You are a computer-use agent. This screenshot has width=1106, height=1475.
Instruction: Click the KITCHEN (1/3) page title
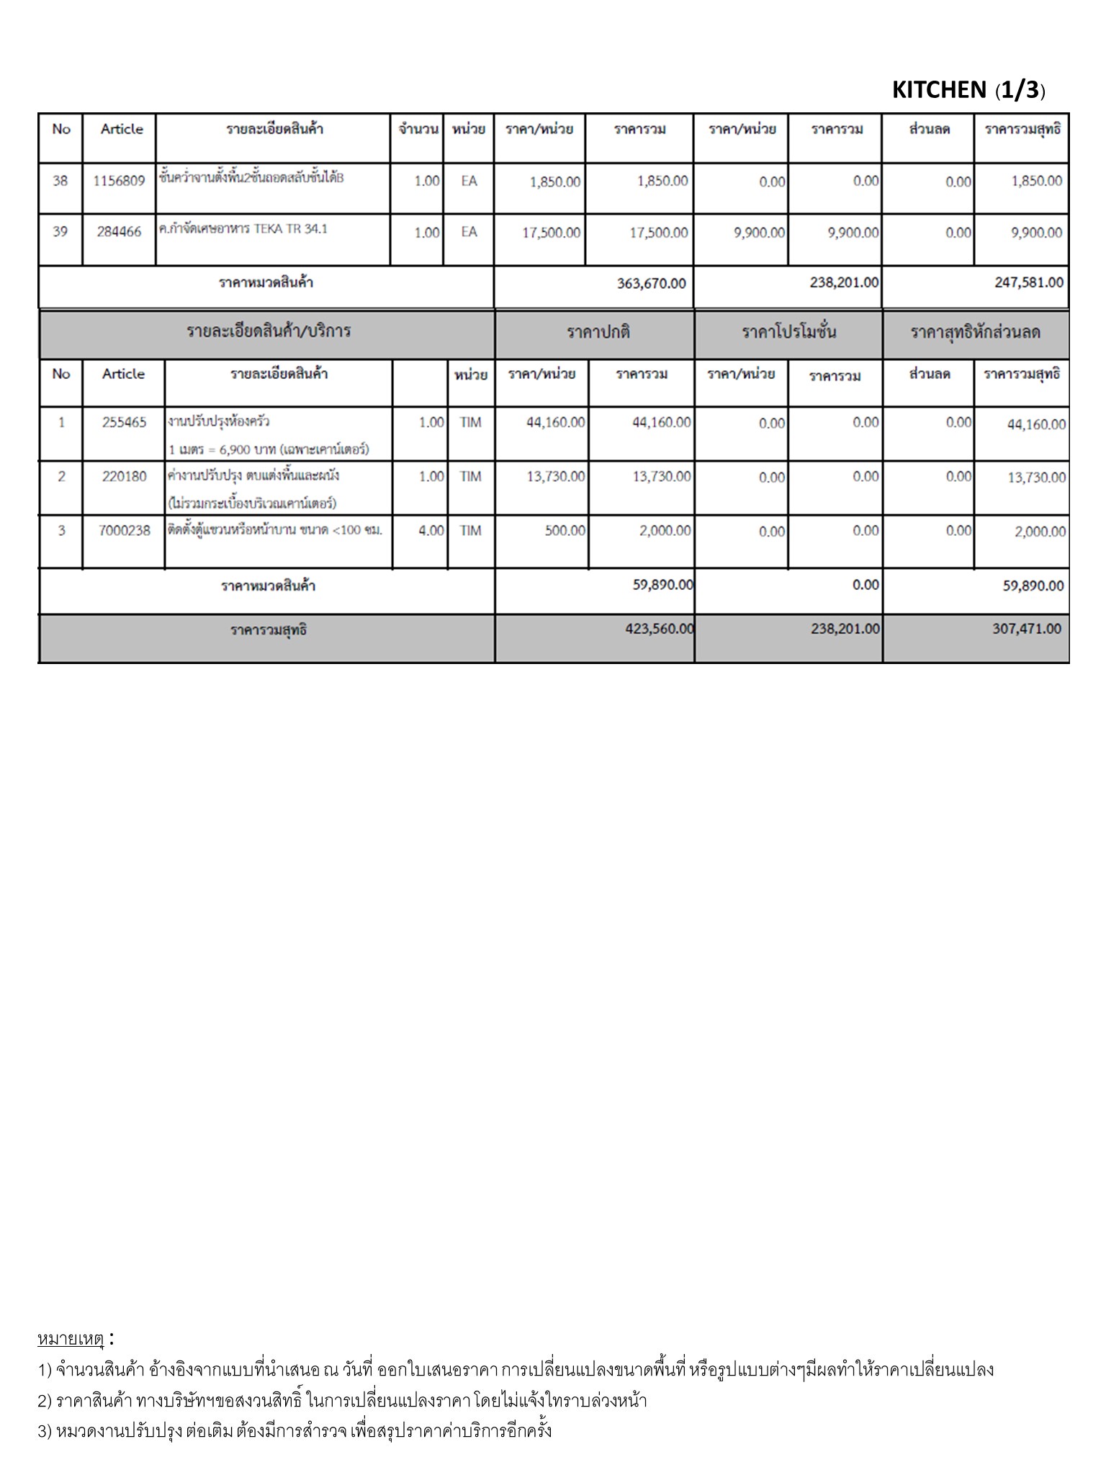(x=968, y=90)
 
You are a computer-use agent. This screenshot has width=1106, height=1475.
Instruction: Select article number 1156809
(x=119, y=181)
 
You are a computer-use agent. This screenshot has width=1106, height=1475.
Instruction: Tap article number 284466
(x=119, y=232)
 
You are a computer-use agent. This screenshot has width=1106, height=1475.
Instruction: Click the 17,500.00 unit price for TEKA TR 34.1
(x=551, y=233)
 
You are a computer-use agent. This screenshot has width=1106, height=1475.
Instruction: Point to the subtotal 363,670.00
(x=651, y=283)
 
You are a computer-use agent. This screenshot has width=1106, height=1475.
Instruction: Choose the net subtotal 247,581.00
(x=1028, y=282)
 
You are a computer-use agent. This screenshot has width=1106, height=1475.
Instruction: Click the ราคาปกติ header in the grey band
(x=598, y=333)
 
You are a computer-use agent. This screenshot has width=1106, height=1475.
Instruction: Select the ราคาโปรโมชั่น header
(x=788, y=333)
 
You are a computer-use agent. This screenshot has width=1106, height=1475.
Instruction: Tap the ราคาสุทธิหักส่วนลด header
(x=975, y=333)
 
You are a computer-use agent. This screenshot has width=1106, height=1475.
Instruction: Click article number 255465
(x=124, y=423)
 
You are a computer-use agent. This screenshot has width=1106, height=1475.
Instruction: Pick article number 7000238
(x=124, y=531)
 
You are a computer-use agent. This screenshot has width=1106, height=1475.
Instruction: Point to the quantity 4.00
(x=431, y=531)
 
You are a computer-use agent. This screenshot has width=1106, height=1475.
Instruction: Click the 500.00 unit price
(x=565, y=531)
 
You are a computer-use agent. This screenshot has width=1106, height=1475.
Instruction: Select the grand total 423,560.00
(x=659, y=629)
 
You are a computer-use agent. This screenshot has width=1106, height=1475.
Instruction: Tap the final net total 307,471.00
(x=1026, y=629)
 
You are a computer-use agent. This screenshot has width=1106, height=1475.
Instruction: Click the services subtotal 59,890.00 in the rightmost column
(x=1033, y=586)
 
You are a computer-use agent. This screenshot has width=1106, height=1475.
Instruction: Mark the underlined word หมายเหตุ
(x=71, y=1339)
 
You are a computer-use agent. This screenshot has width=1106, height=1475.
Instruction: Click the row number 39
(x=60, y=232)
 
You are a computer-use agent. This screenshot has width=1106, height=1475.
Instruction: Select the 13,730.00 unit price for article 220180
(x=555, y=477)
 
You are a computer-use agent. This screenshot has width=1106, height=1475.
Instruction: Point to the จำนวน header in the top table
(x=418, y=130)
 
